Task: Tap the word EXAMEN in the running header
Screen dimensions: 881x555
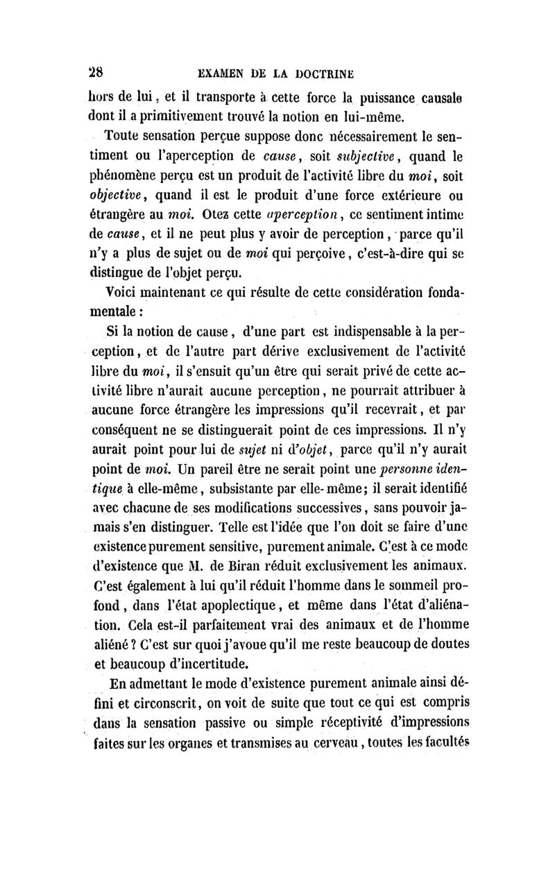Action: coord(224,72)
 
